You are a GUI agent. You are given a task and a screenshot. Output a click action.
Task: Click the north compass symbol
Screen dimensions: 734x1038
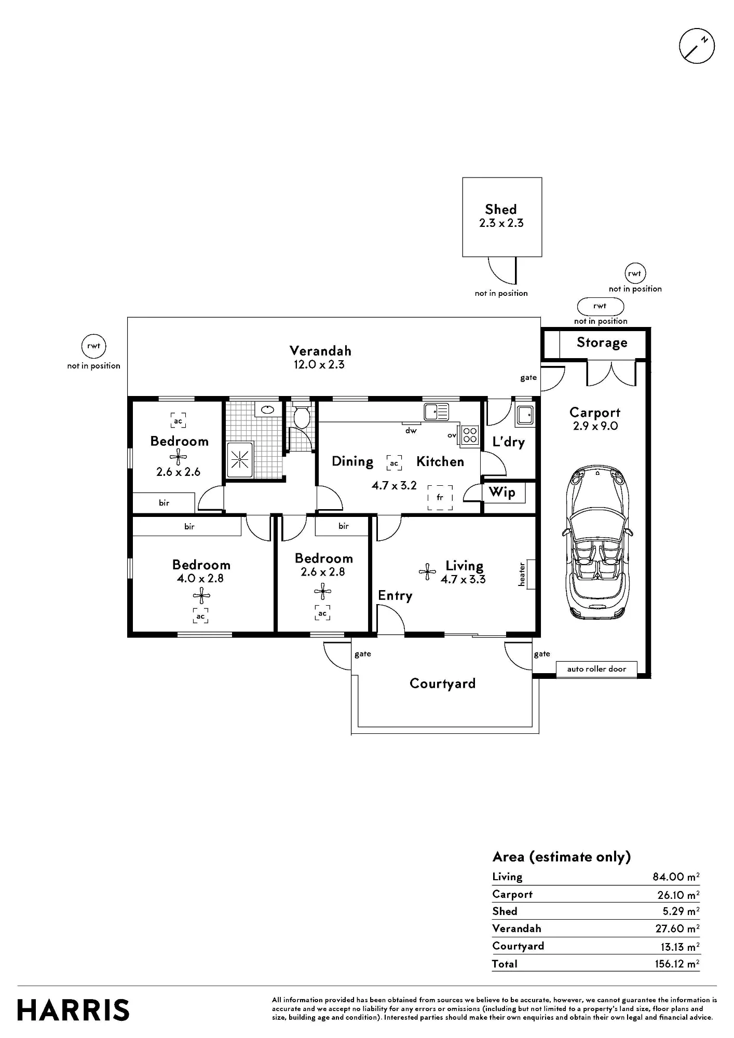pyautogui.click(x=697, y=47)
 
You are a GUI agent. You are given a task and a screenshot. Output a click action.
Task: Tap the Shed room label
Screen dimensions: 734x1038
pyautogui.click(x=501, y=209)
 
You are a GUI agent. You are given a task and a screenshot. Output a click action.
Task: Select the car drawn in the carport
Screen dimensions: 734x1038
pyautogui.click(x=597, y=543)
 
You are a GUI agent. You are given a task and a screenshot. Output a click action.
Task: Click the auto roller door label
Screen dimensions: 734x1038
pyautogui.click(x=596, y=669)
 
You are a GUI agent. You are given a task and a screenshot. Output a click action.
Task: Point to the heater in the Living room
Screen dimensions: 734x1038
pyautogui.click(x=531, y=574)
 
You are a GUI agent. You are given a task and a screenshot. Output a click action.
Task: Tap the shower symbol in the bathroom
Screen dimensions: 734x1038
pyautogui.click(x=240, y=459)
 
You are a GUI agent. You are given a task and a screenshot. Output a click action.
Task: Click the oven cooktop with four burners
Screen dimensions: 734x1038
pyautogui.click(x=470, y=434)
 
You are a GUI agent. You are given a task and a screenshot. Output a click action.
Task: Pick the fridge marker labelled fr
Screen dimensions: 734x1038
pyautogui.click(x=440, y=498)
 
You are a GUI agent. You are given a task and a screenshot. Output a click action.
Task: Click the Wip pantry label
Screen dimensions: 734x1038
pyautogui.click(x=502, y=492)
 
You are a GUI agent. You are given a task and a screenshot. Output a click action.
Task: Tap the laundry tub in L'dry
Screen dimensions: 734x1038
pyautogui.click(x=524, y=415)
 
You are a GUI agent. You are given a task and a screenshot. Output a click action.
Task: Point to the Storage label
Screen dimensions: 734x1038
pyautogui.click(x=602, y=343)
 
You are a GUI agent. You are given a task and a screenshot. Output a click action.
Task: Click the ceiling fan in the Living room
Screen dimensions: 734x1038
pyautogui.click(x=427, y=572)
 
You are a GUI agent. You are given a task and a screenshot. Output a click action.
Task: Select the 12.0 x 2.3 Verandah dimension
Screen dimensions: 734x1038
pyautogui.click(x=319, y=364)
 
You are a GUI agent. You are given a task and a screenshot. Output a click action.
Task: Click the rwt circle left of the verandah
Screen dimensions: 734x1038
pyautogui.click(x=94, y=346)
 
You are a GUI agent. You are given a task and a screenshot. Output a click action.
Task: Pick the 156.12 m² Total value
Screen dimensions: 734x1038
pyautogui.click(x=676, y=964)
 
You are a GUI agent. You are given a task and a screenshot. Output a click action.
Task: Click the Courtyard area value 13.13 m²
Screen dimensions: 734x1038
pyautogui.click(x=679, y=947)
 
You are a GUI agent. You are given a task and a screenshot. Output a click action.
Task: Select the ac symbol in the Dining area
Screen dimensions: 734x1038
pyautogui.click(x=394, y=463)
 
